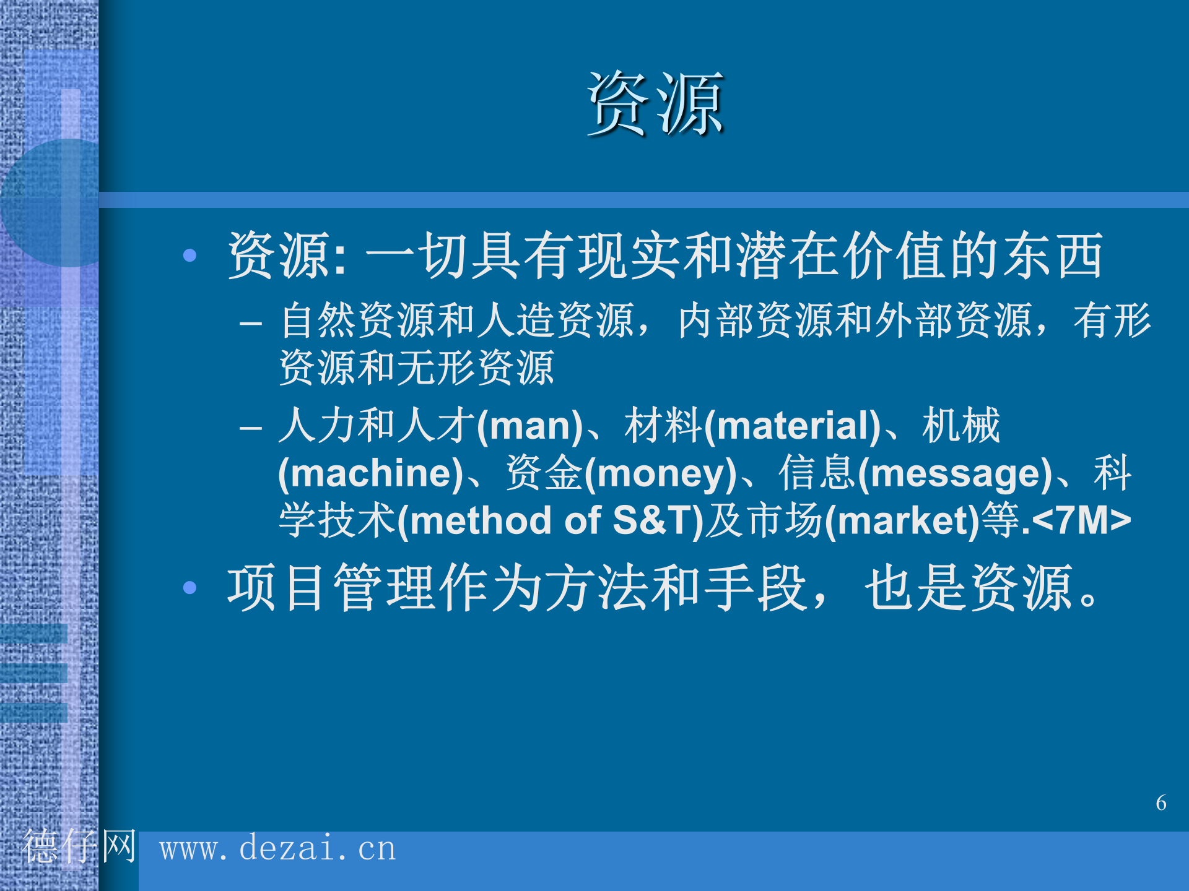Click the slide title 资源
pyautogui.click(x=655, y=103)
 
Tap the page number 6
pyautogui.click(x=1161, y=803)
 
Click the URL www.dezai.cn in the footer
pyautogui.click(x=277, y=848)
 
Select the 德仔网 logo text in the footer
pyautogui.click(x=79, y=846)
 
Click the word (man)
pyautogui.click(x=529, y=426)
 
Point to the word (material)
pyautogui.click(x=792, y=426)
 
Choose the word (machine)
pyautogui.click(x=370, y=473)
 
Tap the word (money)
pyautogui.click(x=660, y=473)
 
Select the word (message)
pyautogui.click(x=956, y=473)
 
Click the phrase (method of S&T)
pyautogui.click(x=551, y=520)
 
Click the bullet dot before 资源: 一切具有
pyautogui.click(x=190, y=255)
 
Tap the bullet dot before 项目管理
pyautogui.click(x=190, y=587)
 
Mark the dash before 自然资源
pyautogui.click(x=251, y=323)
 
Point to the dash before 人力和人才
pyautogui.click(x=251, y=428)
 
